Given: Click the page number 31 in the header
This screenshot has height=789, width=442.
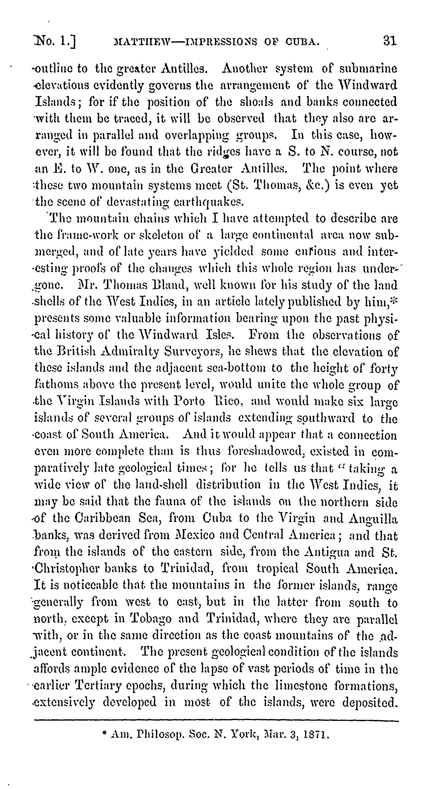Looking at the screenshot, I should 389,41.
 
